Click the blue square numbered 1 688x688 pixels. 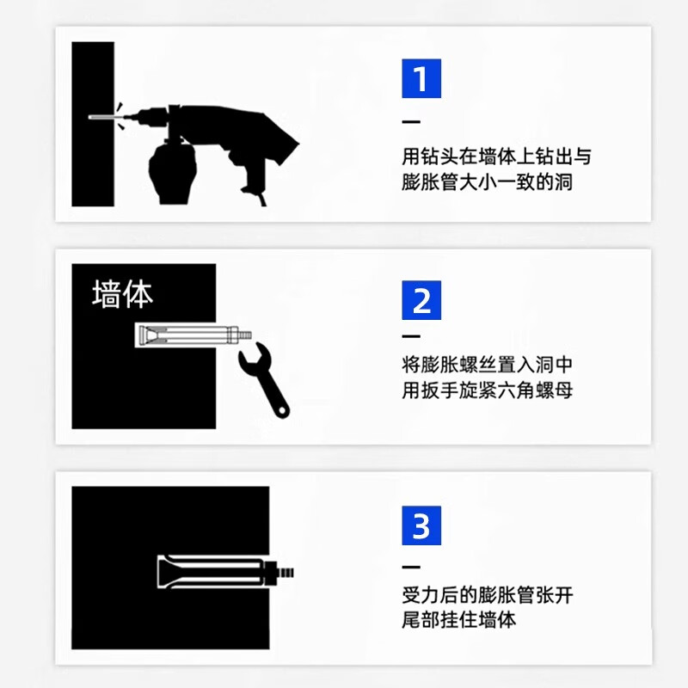pyautogui.click(x=421, y=78)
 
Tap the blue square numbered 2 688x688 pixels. pyautogui.click(x=421, y=300)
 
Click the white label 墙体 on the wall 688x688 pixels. pyautogui.click(x=123, y=294)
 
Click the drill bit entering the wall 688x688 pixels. pyautogui.click(x=105, y=116)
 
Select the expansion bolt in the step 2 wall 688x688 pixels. pyautogui.click(x=192, y=335)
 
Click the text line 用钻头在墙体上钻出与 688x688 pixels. pyautogui.click(x=496, y=157)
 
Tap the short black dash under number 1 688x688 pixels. pyautogui.click(x=411, y=121)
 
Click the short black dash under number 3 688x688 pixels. pyautogui.click(x=411, y=568)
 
